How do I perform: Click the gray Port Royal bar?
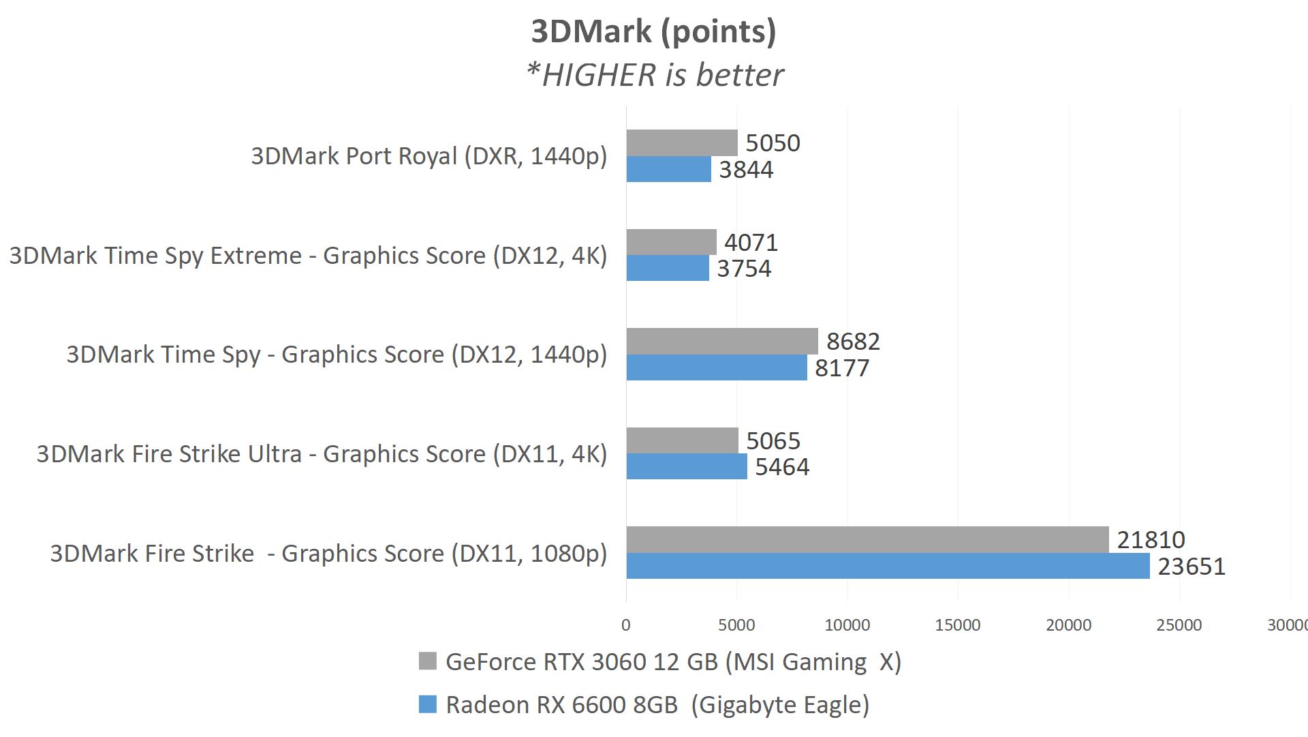[x=682, y=142]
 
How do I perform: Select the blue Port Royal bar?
[x=668, y=169]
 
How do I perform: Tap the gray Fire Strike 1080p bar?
[x=867, y=539]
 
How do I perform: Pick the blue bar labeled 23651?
[x=888, y=566]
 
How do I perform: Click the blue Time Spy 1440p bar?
[x=717, y=367]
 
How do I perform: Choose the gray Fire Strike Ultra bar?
[x=682, y=440]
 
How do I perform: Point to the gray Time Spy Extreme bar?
[x=671, y=242]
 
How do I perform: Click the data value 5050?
[x=773, y=143]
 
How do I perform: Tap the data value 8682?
[x=853, y=342]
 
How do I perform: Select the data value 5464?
[x=782, y=467]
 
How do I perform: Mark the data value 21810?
[x=1151, y=540]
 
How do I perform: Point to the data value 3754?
[x=744, y=269]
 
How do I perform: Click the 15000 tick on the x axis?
[x=958, y=625]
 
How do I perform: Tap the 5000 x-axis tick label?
[x=736, y=625]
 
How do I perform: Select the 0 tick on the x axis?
[x=626, y=625]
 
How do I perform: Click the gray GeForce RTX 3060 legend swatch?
[x=427, y=661]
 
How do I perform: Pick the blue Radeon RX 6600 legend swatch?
[x=427, y=704]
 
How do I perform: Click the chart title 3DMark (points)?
[x=653, y=31]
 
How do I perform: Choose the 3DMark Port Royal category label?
[x=429, y=156]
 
